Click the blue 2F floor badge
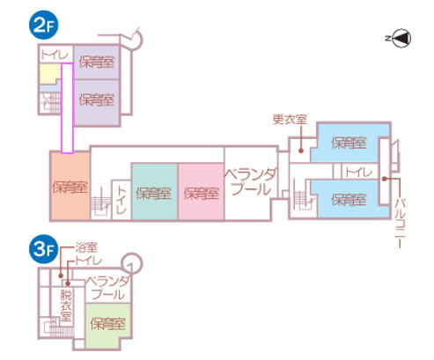44,26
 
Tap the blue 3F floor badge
44,249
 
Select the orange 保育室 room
70,186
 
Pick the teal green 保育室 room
154,192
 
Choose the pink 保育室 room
201,192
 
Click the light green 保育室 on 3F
108,323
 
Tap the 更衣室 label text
290,119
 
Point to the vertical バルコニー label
400,224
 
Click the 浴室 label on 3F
86,248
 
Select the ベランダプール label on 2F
251,182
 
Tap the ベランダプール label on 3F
107,288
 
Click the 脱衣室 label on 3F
66,305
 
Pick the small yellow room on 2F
50,74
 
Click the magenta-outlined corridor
67,108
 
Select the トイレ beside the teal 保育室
121,200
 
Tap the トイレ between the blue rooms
359,172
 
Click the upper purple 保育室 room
97,62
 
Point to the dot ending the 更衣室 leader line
301,151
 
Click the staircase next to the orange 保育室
101,202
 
